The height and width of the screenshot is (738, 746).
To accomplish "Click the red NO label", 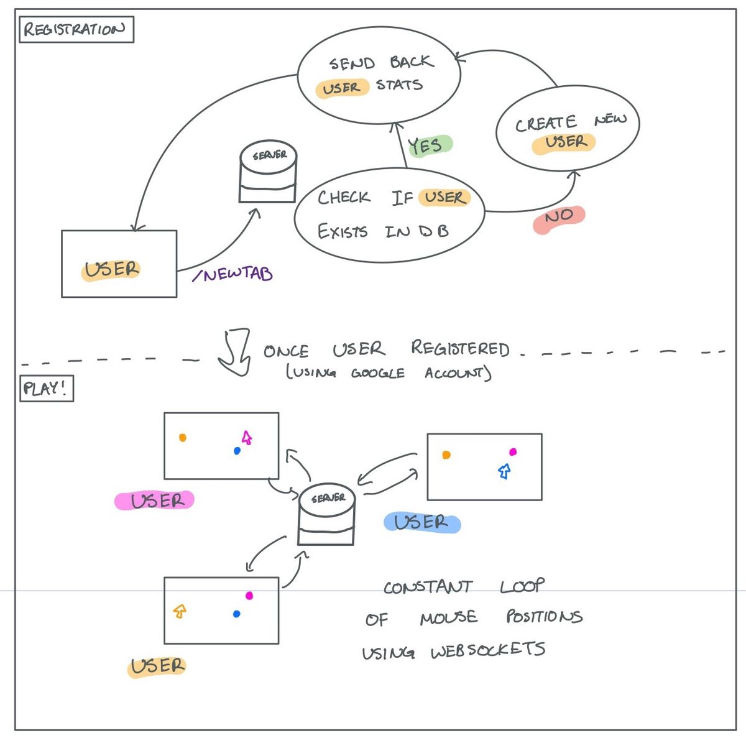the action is pyautogui.click(x=559, y=219).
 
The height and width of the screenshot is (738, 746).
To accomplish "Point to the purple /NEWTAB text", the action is pyautogui.click(x=233, y=274).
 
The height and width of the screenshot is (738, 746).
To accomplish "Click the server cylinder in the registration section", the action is pyautogui.click(x=268, y=172).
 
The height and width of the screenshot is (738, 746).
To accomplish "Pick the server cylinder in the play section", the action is pyautogui.click(x=326, y=515).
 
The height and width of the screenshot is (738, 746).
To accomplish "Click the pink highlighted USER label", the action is pyautogui.click(x=154, y=500).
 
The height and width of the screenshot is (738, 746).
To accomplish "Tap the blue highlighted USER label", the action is pyautogui.click(x=422, y=523).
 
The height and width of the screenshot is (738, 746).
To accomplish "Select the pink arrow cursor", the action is pyautogui.click(x=247, y=438).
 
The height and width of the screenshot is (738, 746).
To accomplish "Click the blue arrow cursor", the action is pyautogui.click(x=504, y=471).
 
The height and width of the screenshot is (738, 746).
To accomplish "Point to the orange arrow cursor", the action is pyautogui.click(x=180, y=611).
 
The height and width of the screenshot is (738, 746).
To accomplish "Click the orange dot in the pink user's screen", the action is pyautogui.click(x=183, y=438).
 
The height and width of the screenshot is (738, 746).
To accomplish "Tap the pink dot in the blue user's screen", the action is pyautogui.click(x=513, y=451).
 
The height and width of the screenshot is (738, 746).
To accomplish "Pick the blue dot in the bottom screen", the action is pyautogui.click(x=236, y=613).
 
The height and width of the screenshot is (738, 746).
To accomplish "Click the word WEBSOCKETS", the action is pyautogui.click(x=488, y=650).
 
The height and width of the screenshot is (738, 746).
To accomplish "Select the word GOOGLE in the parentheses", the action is pyautogui.click(x=378, y=373).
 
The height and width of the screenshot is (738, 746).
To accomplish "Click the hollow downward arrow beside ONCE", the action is pyautogui.click(x=234, y=352).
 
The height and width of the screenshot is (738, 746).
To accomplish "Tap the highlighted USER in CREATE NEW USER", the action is pyautogui.click(x=564, y=144).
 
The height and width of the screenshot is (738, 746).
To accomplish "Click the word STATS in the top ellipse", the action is pyautogui.click(x=399, y=85).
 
